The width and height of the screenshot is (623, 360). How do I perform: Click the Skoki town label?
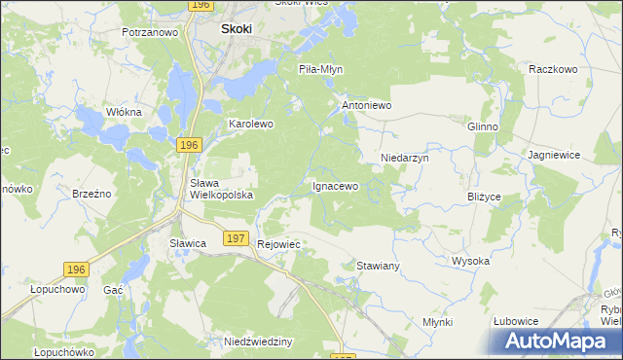(x=237, y=29)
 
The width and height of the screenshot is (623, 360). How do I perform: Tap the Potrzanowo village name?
(x=150, y=32)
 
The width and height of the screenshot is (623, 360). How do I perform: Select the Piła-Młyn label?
(x=321, y=69)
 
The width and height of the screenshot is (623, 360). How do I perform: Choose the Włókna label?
(x=124, y=112)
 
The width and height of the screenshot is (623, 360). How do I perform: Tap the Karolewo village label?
(x=251, y=125)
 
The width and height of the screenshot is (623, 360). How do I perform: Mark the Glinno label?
(x=483, y=126)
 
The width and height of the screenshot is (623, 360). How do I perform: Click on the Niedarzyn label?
(x=404, y=157)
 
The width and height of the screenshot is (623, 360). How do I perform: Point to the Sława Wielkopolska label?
(x=221, y=189)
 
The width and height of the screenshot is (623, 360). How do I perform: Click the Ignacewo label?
(x=335, y=185)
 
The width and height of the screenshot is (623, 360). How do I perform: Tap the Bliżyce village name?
(x=484, y=197)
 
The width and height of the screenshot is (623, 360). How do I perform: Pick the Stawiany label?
(x=379, y=265)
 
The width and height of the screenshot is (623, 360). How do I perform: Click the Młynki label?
(x=438, y=322)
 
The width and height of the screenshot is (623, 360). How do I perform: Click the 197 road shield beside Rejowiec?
(x=235, y=237)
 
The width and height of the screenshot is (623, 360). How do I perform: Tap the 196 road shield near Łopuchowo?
(x=76, y=268)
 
